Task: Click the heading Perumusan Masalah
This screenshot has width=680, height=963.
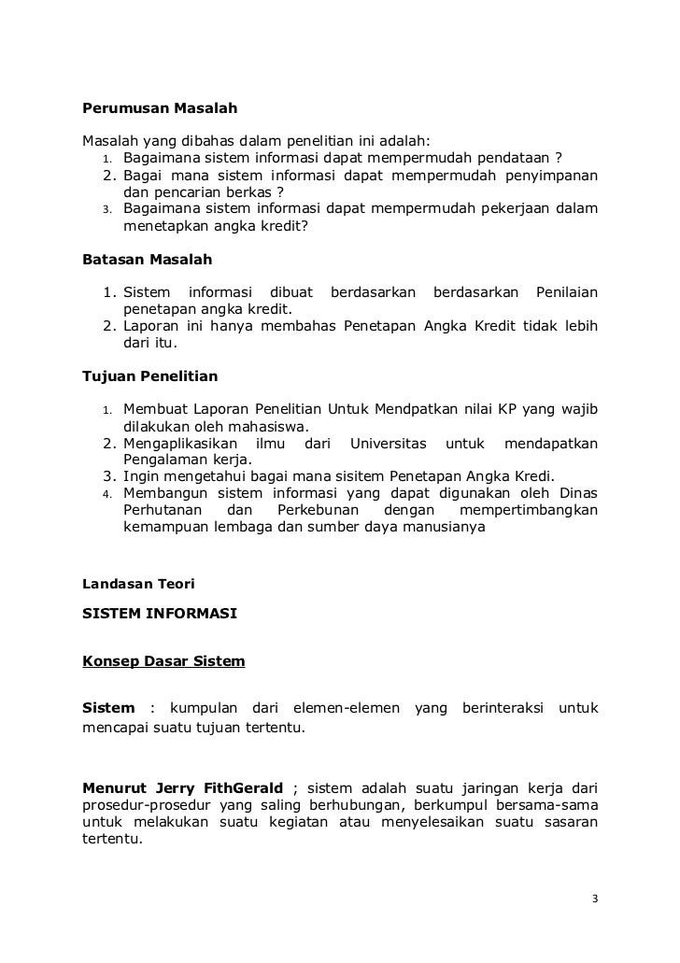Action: click(x=154, y=106)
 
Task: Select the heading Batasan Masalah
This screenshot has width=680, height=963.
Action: click(x=148, y=259)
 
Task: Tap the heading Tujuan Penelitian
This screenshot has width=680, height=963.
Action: click(x=150, y=377)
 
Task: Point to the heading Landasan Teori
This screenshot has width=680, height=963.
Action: click(x=140, y=585)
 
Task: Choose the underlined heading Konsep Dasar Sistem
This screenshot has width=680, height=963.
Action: click(x=164, y=661)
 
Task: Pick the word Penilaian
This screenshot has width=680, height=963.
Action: click(x=567, y=292)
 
